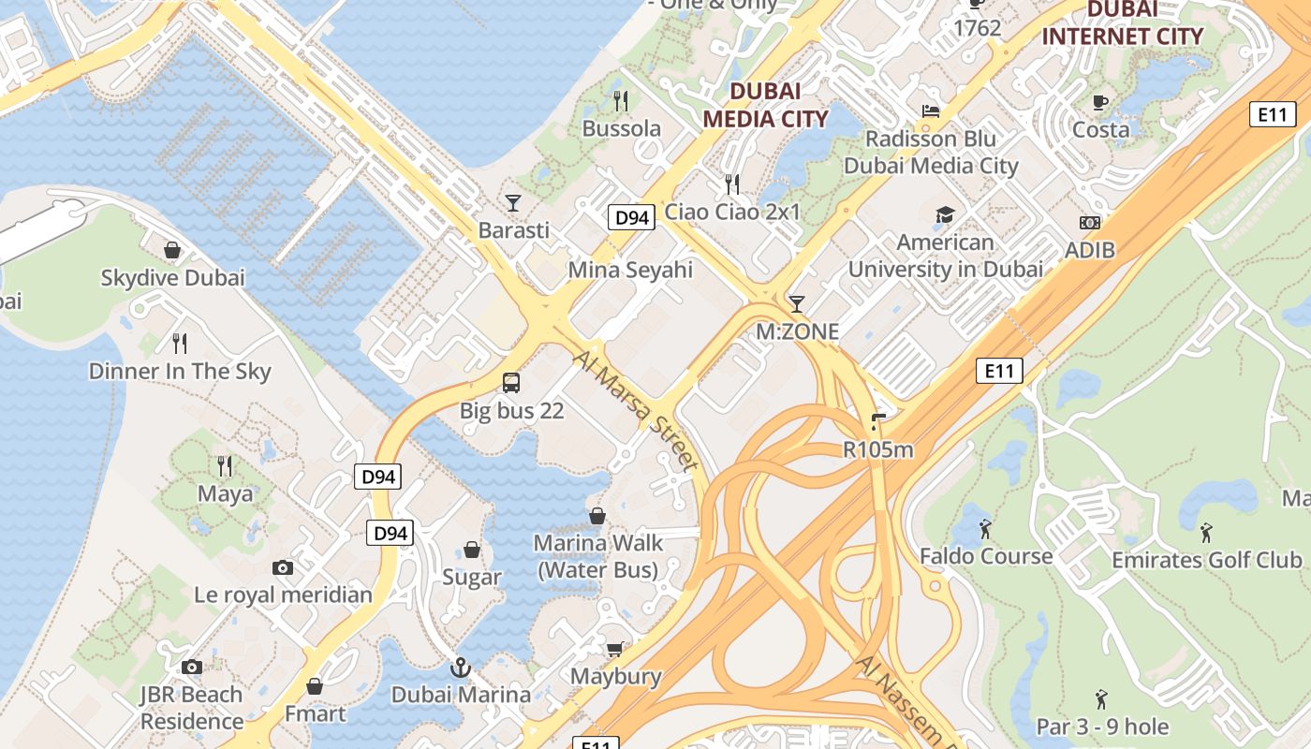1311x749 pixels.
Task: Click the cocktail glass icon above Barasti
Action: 513,202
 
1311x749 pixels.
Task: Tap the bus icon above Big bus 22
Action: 511,382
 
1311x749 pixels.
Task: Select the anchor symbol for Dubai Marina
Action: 460,668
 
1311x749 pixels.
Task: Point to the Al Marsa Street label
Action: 636,410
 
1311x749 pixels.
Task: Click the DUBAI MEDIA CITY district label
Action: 765,105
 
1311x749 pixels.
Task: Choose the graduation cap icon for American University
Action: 945,215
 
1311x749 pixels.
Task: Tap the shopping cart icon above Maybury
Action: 615,649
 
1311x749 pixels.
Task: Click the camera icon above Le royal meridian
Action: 282,567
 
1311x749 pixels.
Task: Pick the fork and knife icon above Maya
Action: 225,465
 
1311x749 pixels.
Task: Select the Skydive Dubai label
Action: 172,278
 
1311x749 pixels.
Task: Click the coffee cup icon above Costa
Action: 1100,102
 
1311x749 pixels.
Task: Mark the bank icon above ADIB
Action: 1089,223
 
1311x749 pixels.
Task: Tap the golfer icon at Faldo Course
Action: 985,529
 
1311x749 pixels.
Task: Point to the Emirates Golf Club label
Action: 1206,560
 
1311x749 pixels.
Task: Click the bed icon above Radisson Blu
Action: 930,110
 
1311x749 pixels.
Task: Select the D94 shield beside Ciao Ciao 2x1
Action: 630,218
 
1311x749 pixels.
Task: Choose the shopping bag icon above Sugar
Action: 472,550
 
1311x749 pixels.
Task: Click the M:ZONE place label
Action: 797,331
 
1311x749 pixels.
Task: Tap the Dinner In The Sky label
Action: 180,372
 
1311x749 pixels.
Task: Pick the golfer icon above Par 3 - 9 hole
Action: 1102,699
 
